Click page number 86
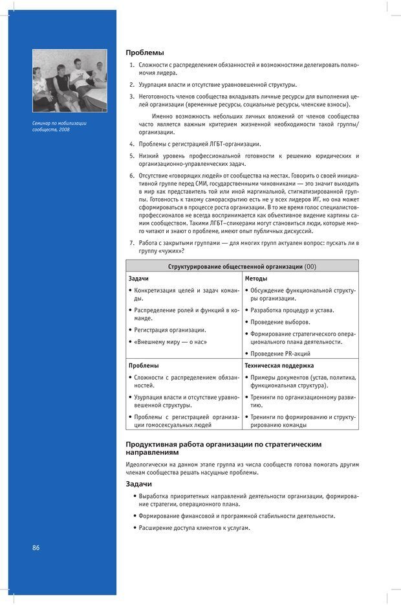(36, 547)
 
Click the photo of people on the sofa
(69, 81)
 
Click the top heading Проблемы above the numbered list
(144, 52)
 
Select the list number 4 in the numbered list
(131, 144)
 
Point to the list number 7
(131, 243)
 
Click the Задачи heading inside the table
(138, 279)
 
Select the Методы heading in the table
(256, 279)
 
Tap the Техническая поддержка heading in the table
(278, 365)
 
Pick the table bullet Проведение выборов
(280, 322)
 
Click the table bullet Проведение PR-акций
(280, 354)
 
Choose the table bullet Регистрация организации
(170, 330)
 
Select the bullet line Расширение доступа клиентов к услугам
(194, 528)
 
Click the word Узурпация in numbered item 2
(154, 84)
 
